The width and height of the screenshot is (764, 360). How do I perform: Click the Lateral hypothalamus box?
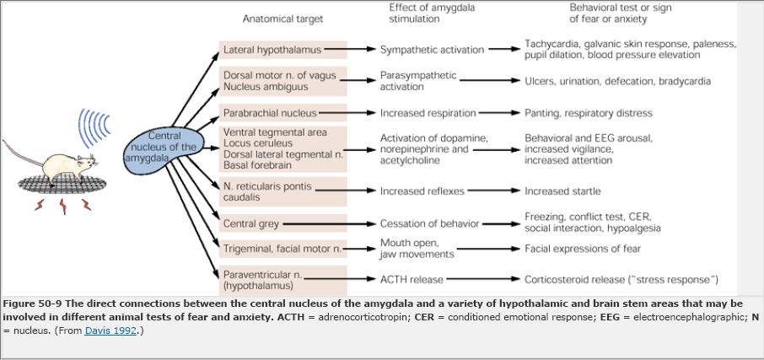tap(282, 50)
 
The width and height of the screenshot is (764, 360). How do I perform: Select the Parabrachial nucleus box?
tap(282, 113)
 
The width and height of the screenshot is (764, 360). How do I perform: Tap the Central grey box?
tap(282, 223)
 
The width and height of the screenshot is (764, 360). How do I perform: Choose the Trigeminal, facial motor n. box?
tap(282, 249)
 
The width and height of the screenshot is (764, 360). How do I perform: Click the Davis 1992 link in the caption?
tap(110, 330)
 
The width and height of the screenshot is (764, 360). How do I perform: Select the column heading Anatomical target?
tap(282, 19)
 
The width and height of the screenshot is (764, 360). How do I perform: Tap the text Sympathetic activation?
tap(433, 50)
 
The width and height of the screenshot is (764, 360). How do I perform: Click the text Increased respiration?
tap(428, 113)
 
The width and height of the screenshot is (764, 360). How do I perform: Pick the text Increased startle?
tap(562, 191)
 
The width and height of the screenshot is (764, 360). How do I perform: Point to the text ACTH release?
tap(412, 280)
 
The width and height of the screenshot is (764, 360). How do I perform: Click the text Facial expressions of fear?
tap(583, 249)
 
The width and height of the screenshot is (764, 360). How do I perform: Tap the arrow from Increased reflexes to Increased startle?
tap(494, 191)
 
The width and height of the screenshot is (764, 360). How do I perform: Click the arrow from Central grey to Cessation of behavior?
tap(329, 224)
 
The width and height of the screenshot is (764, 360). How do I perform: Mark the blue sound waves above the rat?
tap(94, 128)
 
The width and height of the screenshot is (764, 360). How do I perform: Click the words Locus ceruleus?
tap(258, 143)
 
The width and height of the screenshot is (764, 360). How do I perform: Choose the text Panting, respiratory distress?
tap(588, 113)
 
